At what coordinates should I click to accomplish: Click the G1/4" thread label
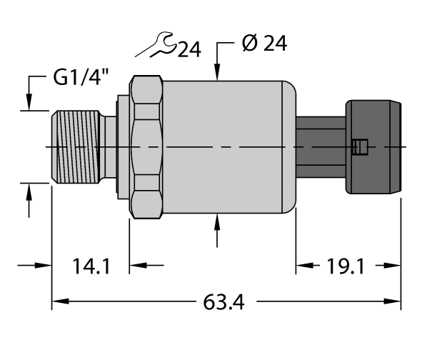[83, 77]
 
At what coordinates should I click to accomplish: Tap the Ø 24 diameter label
[265, 45]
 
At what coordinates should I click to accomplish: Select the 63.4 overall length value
[224, 303]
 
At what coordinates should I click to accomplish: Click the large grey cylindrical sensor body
[228, 146]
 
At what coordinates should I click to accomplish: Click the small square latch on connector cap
[360, 148]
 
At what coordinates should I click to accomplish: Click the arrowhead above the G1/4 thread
[29, 104]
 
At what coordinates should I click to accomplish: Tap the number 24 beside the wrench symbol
[189, 50]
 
